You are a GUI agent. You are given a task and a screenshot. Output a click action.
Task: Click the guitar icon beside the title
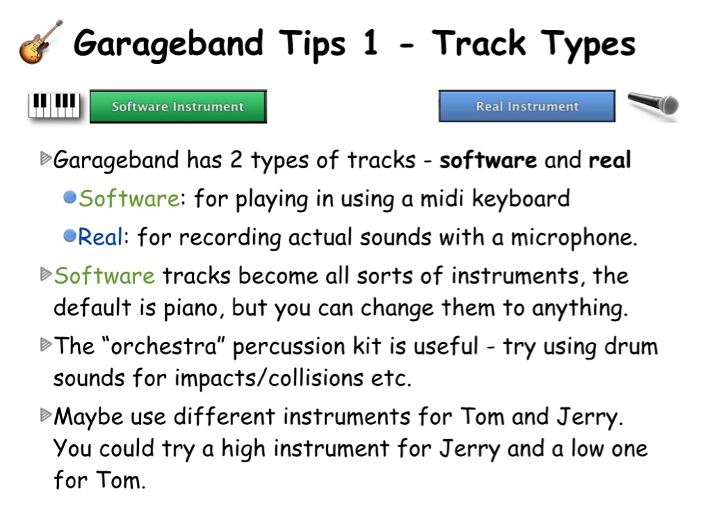[40, 42]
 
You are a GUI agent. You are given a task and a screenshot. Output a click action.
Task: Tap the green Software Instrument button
[178, 106]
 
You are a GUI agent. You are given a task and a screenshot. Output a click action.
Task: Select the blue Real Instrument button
[527, 106]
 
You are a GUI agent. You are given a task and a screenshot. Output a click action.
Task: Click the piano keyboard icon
[54, 106]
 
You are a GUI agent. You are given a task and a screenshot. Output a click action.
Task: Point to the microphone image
[653, 104]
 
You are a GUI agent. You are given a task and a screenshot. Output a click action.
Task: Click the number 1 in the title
[371, 42]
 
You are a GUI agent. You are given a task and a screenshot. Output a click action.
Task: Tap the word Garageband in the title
[168, 44]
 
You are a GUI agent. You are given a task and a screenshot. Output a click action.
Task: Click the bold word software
[488, 161]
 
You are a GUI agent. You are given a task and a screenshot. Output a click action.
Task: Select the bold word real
[610, 160]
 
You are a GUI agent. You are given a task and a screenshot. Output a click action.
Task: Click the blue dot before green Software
[70, 197]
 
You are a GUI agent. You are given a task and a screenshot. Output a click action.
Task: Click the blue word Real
[100, 236]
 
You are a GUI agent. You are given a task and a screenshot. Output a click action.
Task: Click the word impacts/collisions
[269, 378]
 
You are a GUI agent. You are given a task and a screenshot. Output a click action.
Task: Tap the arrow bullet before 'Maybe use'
[46, 415]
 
